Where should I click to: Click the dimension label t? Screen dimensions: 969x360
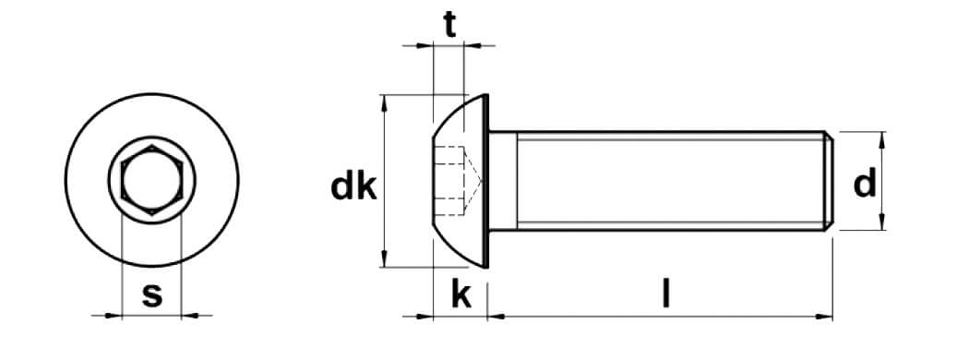450,25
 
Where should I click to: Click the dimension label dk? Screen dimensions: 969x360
353,186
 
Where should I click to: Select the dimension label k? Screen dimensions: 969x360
461,295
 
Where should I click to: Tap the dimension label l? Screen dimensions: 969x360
665,294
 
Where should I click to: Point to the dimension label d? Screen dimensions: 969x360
865,184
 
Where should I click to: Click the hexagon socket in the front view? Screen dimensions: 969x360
151,180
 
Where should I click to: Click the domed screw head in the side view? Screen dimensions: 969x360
461,181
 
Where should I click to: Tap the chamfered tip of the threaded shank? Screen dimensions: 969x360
828,181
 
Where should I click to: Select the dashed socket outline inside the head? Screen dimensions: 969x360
459,181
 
